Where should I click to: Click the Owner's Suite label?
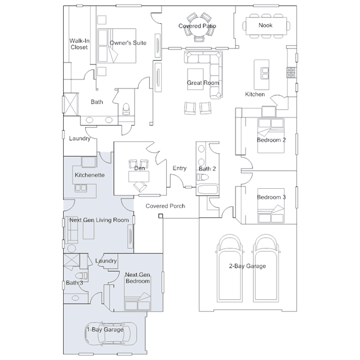coord(128,43)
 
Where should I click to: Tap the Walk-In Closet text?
coord(78,44)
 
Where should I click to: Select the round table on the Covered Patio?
coord(198,33)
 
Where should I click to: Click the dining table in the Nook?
coord(265,26)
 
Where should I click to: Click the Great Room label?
coord(203,83)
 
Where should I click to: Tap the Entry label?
coord(180,168)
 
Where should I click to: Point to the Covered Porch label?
coord(165,206)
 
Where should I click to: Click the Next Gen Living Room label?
coord(99,220)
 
